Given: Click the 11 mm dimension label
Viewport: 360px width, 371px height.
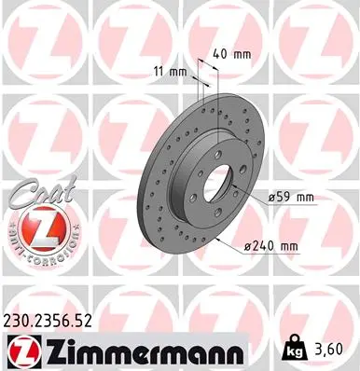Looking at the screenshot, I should (x=170, y=71).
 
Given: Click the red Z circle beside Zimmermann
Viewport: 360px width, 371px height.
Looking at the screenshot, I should (x=22, y=350).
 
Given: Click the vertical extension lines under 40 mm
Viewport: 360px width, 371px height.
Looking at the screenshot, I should (x=208, y=89).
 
